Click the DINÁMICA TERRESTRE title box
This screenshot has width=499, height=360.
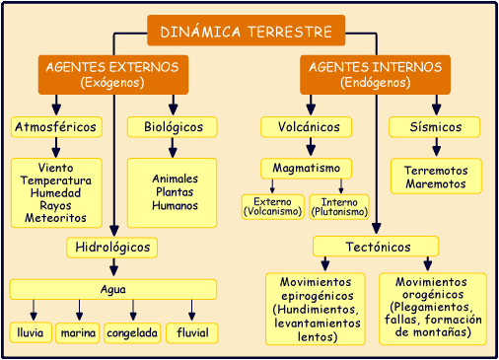click(x=246, y=31)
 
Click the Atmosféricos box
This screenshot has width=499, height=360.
click(x=55, y=127)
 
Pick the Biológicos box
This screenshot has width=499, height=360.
click(x=172, y=127)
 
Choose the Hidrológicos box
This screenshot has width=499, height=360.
click(x=113, y=247)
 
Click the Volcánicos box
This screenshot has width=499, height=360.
click(x=307, y=127)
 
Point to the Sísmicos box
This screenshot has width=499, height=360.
click(x=435, y=127)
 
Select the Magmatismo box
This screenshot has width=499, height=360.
click(x=307, y=169)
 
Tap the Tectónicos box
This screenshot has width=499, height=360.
click(x=375, y=247)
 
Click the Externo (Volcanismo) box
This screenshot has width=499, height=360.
click(x=272, y=206)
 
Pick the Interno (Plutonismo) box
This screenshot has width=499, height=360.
click(x=339, y=206)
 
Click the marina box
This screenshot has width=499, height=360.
click(x=78, y=333)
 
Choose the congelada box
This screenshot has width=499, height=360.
click(x=132, y=333)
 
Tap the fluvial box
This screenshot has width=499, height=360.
click(x=191, y=333)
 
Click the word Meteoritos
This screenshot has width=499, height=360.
click(x=55, y=218)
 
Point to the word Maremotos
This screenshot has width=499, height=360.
click(x=436, y=184)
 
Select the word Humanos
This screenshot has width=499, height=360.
click(x=175, y=206)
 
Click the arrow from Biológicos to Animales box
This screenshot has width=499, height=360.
click(x=174, y=147)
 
